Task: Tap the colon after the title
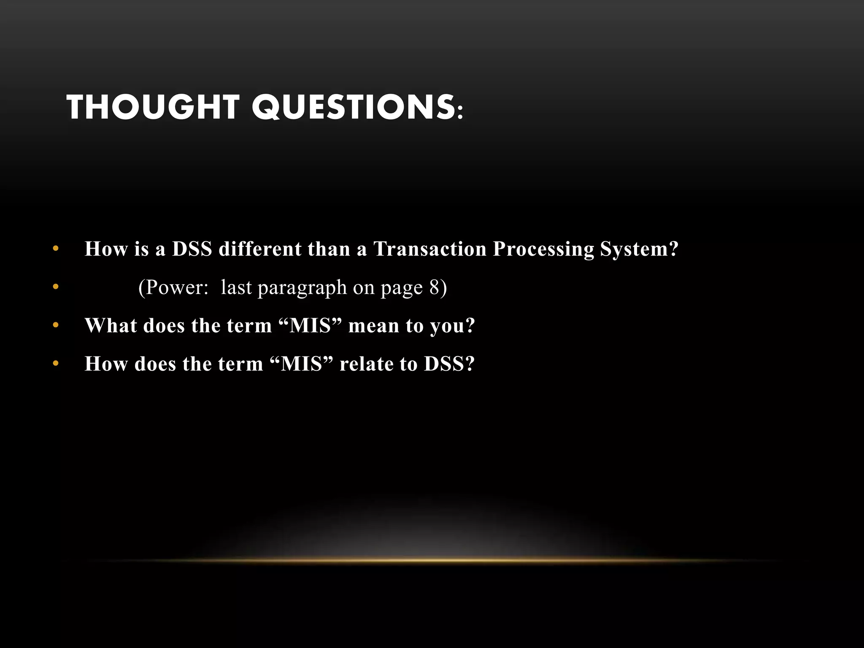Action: click(460, 112)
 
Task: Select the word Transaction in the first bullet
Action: click(430, 248)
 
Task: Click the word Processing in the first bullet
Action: click(543, 248)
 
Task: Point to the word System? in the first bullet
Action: click(639, 248)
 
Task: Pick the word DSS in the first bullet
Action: click(192, 248)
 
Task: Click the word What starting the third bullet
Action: click(111, 325)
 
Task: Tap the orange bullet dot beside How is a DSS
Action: click(56, 249)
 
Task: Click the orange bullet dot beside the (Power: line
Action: click(56, 287)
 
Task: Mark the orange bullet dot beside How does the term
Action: click(56, 364)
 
